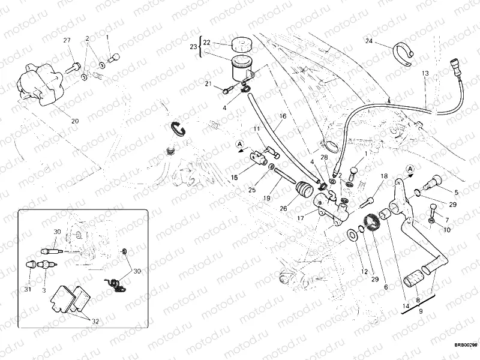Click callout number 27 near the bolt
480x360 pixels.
click(67, 40)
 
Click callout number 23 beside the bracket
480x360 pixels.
click(193, 47)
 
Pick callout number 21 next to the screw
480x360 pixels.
click(209, 84)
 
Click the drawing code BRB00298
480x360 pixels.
click(465, 345)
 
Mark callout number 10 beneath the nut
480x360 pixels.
click(447, 230)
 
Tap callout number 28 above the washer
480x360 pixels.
click(325, 157)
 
